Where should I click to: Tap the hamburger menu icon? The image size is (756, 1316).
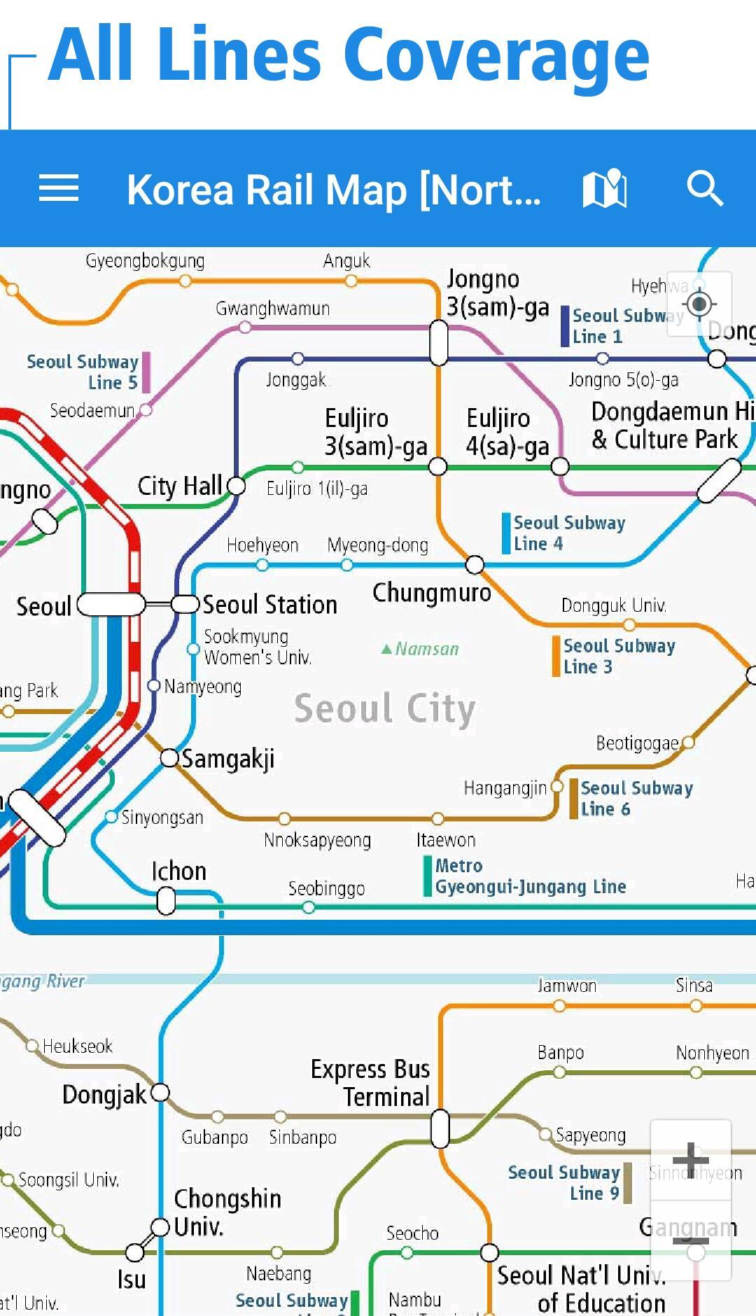(59, 188)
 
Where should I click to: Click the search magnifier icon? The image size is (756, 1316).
(704, 188)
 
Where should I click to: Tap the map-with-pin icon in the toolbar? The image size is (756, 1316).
(605, 188)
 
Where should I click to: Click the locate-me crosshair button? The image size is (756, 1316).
(699, 304)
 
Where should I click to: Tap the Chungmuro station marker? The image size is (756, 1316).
(475, 564)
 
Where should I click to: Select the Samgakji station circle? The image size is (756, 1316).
(169, 757)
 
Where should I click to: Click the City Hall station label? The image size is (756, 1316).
(180, 486)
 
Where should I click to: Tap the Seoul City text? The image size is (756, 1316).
(385, 708)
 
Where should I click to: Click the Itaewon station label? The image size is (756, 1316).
(446, 839)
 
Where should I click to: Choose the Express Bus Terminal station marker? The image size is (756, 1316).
(440, 1128)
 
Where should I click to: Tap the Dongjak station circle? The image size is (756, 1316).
(160, 1092)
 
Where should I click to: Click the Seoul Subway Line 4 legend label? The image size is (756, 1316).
(568, 533)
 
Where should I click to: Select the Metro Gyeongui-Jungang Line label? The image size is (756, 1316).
(530, 876)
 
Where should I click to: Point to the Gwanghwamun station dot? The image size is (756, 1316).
(245, 327)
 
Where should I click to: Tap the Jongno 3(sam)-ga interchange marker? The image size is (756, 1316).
(439, 342)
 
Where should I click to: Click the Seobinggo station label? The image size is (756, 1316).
(326, 888)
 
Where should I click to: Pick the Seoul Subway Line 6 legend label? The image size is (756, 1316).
(636, 799)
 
